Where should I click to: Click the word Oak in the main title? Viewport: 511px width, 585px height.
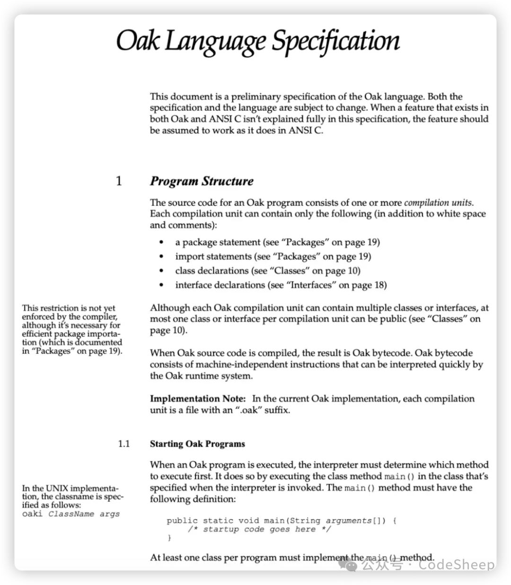coord(139,41)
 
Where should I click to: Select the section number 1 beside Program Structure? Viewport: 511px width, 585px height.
coord(119,181)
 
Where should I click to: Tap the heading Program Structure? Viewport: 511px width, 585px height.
coord(202,181)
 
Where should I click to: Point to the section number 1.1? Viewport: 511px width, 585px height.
coord(123,444)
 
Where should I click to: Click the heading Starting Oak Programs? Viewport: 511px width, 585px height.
coord(197,444)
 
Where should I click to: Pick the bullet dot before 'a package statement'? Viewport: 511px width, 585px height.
coord(162,243)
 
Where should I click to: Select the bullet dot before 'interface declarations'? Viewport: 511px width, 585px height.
coord(162,285)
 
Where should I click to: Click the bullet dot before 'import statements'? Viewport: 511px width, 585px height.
coord(162,257)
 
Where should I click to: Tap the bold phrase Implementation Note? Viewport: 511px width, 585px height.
coord(198,399)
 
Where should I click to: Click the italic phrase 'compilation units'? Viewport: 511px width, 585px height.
coord(439,203)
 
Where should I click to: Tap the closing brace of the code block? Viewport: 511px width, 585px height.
coord(169,538)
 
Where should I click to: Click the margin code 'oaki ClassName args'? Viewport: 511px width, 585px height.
coord(70,514)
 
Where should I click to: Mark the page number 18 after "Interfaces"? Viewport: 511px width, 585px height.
coord(380,285)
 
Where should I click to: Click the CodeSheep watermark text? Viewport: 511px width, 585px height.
coord(456,565)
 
